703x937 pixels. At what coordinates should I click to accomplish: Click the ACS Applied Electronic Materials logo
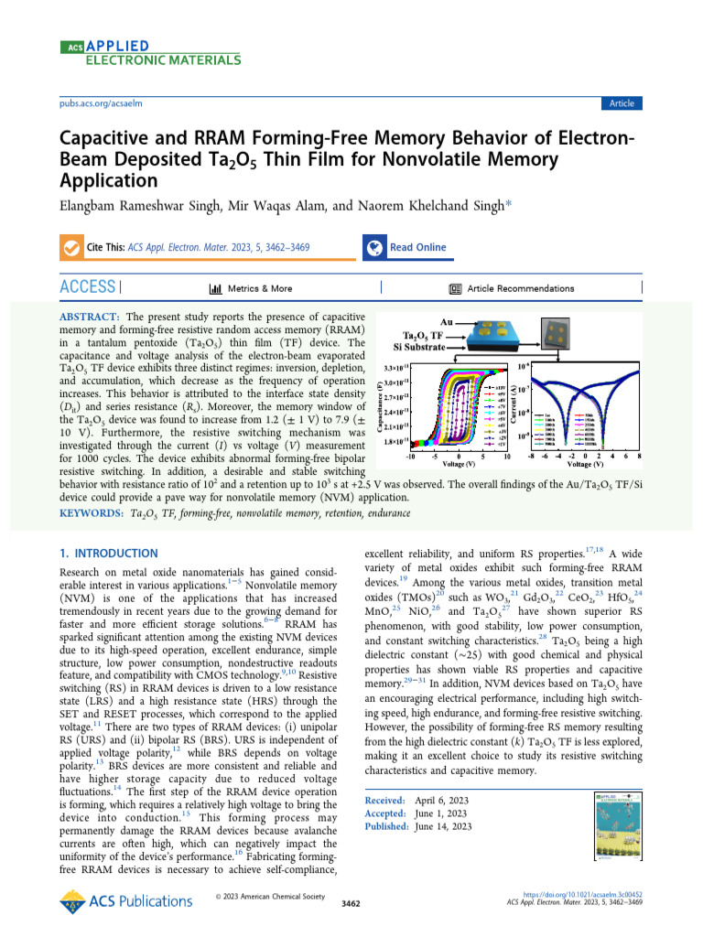coord(150,53)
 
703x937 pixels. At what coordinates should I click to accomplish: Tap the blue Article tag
coord(621,103)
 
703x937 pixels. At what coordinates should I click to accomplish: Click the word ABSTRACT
coord(89,316)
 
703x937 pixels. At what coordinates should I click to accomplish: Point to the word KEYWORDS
coord(92,515)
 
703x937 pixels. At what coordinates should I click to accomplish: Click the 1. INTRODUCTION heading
coord(109,554)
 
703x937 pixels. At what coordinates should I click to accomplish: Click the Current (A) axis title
coord(516,405)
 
